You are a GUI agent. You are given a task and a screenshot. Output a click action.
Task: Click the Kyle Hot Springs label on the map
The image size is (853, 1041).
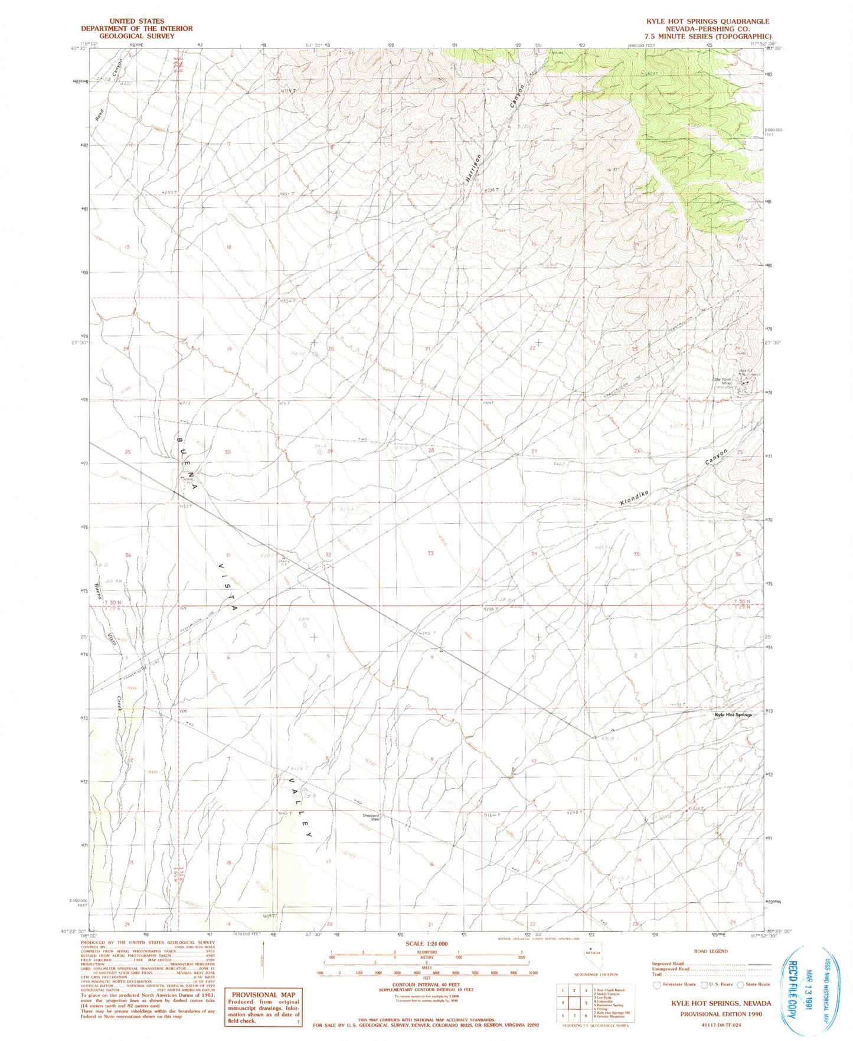point(733,714)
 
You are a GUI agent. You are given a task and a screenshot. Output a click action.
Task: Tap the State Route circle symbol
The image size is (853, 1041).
point(740,984)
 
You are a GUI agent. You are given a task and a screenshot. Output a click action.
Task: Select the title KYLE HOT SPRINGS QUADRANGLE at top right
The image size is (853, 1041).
point(707,21)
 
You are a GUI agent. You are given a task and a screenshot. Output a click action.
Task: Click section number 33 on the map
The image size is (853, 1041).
point(430,553)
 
